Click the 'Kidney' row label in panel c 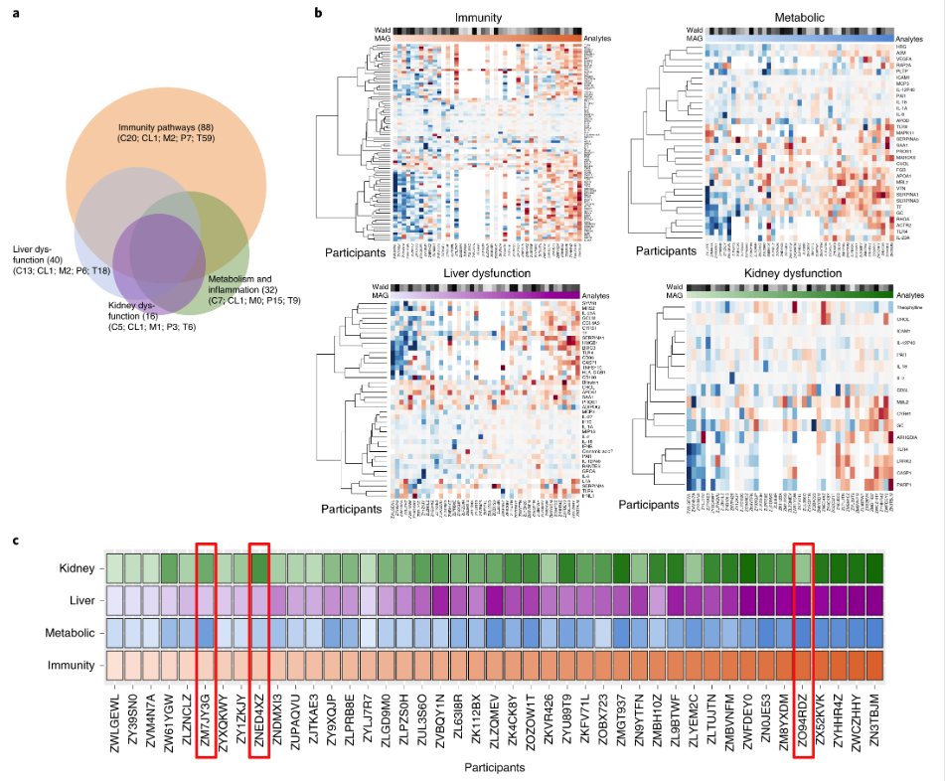click(x=75, y=568)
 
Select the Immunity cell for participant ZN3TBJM click(x=872, y=665)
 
